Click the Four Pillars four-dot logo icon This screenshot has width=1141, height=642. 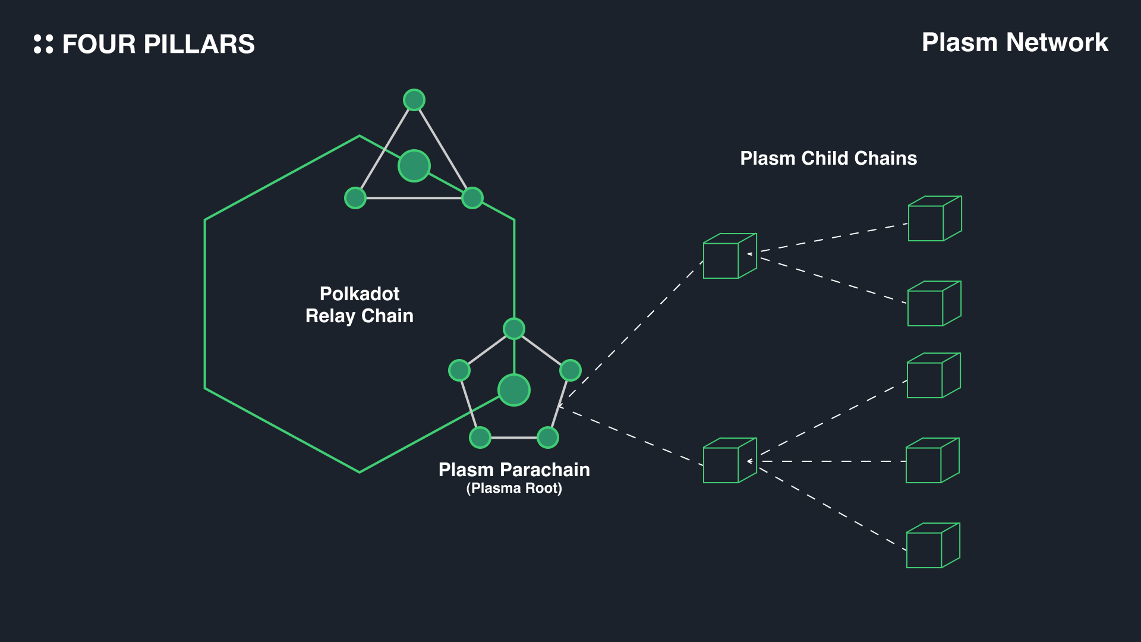43,44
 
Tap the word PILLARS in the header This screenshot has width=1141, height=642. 199,45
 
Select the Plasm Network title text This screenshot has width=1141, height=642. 1014,43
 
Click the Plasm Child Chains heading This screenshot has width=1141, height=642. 828,158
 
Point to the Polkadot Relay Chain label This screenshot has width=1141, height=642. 360,304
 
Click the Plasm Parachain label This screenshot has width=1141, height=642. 514,470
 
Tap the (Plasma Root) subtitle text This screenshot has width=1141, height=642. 514,489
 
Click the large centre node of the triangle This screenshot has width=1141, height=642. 414,166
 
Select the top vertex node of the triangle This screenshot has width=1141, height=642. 414,100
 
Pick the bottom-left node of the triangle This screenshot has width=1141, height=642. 355,198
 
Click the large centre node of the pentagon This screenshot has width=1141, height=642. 514,390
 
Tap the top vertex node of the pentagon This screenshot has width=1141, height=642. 514,329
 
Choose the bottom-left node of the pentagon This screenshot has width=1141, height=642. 480,438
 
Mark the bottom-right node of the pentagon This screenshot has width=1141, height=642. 548,438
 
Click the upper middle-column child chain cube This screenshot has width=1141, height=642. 729,256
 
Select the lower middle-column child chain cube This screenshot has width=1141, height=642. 729,461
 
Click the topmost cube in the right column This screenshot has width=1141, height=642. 934,219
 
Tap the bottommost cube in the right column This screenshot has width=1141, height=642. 933,546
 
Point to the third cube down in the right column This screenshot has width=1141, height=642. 934,376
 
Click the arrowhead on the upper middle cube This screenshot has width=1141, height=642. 751,254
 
